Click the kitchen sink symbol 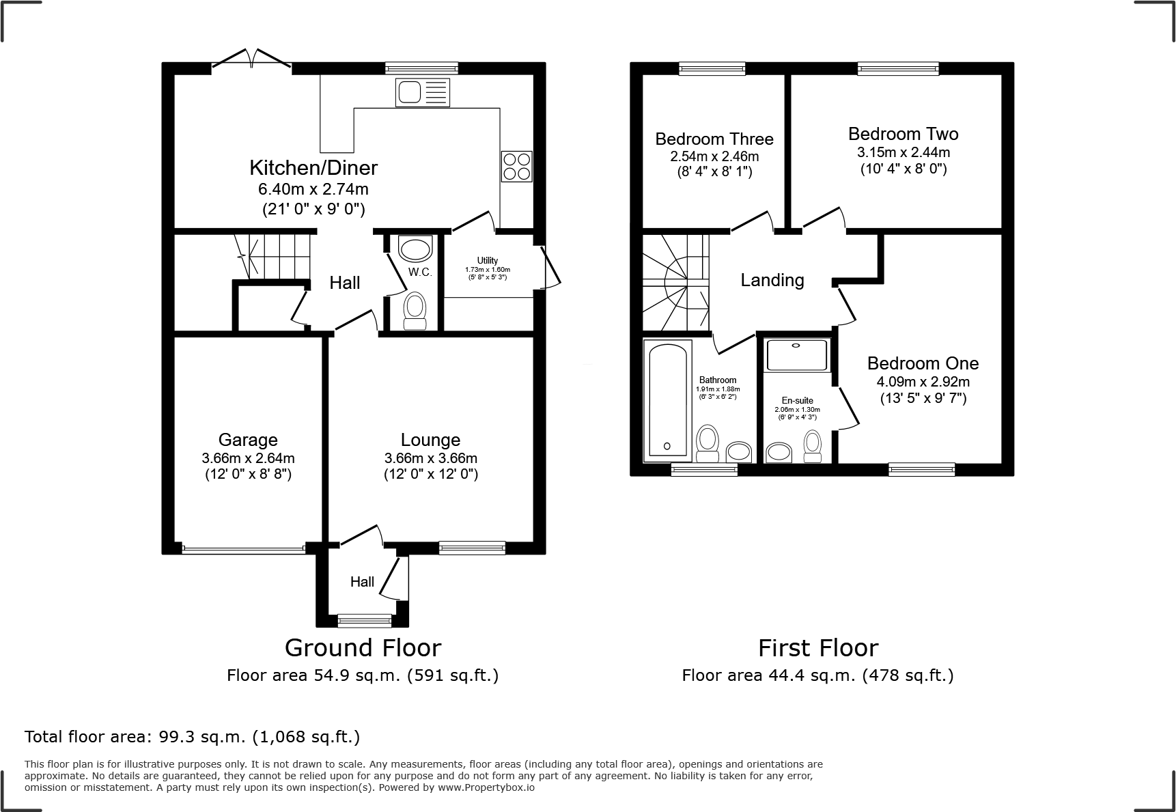(423, 92)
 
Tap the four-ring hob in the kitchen (517, 166)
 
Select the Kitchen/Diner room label (313, 167)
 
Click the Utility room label (488, 260)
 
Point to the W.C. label (420, 272)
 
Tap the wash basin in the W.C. (415, 249)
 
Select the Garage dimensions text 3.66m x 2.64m (248, 458)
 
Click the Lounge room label (430, 440)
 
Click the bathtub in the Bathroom (667, 400)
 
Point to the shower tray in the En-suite (796, 355)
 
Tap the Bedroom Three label (714, 139)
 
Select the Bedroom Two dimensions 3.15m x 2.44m (903, 152)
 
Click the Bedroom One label (923, 363)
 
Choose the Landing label (772, 280)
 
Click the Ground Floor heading (363, 647)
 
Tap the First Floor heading (817, 647)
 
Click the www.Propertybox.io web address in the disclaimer (486, 787)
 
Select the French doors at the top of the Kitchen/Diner (251, 61)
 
